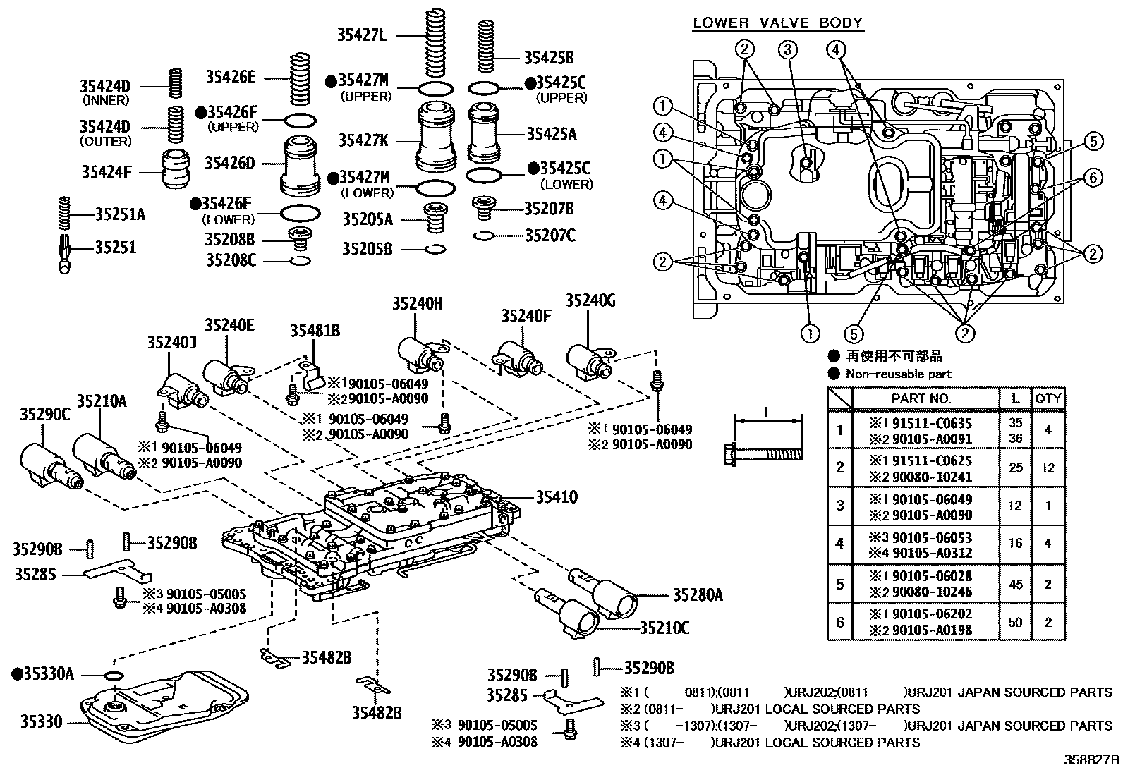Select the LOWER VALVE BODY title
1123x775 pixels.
coord(777,23)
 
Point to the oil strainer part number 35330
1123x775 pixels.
coord(41,721)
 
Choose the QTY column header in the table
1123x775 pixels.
coord(1048,398)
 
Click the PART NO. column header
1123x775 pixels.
coord(921,398)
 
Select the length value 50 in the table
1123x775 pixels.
coord(1015,622)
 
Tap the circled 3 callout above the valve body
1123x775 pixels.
coord(788,49)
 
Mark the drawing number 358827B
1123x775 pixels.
coord(1091,760)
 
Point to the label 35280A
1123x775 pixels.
coord(697,596)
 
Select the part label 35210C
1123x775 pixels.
coord(664,627)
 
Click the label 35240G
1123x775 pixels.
coord(590,301)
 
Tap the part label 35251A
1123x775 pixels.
coord(120,214)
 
